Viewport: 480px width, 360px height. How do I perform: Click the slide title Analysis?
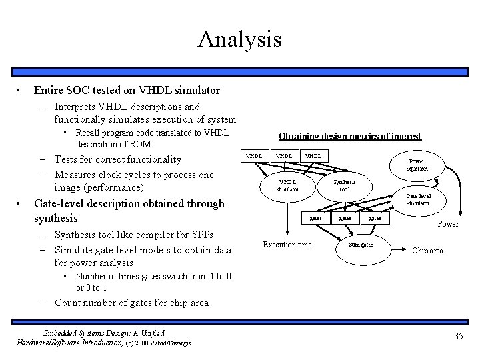point(239,39)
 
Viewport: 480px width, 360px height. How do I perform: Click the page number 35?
point(458,336)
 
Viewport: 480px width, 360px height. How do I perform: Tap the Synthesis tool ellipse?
point(345,185)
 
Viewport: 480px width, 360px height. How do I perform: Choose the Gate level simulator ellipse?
point(418,199)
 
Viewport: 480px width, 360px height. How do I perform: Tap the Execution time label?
point(287,245)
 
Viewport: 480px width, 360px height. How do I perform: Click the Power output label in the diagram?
point(447,224)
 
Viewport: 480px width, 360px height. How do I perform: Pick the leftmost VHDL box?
point(254,156)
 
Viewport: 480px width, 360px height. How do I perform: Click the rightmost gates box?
point(375,218)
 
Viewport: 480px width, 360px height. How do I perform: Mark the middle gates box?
point(345,218)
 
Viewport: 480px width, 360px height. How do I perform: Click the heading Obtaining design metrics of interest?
point(349,136)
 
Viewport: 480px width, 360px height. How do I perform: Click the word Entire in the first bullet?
point(49,89)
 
